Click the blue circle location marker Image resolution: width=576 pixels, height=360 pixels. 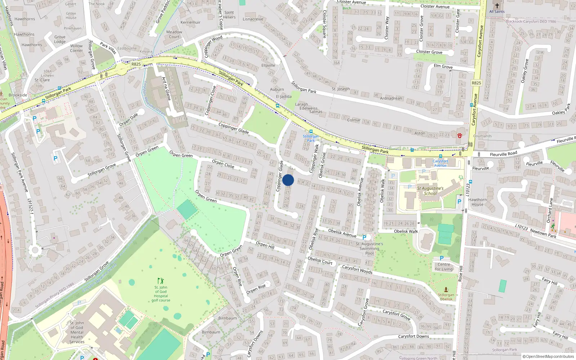(x=288, y=180)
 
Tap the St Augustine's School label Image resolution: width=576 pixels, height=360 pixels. (x=430, y=191)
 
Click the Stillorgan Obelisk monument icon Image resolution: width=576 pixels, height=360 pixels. (x=446, y=289)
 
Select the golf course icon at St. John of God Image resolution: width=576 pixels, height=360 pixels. (x=161, y=280)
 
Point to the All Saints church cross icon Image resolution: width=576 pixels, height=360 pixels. (x=497, y=6)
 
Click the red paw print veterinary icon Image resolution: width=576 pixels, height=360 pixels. (x=460, y=135)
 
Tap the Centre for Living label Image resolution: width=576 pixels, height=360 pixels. (x=444, y=267)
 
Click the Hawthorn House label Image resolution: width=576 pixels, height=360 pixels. (x=477, y=202)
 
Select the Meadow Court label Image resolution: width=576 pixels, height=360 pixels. (x=174, y=34)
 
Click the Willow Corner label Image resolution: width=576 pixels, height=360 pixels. (x=76, y=48)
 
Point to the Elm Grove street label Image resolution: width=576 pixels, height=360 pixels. (x=443, y=66)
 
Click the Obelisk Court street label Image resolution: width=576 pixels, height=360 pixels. (x=320, y=260)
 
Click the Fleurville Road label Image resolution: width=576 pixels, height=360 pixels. (x=503, y=154)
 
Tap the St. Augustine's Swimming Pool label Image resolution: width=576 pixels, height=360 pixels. (x=369, y=248)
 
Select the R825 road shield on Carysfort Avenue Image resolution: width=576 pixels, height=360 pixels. (x=476, y=83)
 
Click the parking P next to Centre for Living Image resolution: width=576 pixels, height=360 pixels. (x=442, y=258)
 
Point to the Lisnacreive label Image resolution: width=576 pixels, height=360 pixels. (x=253, y=19)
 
